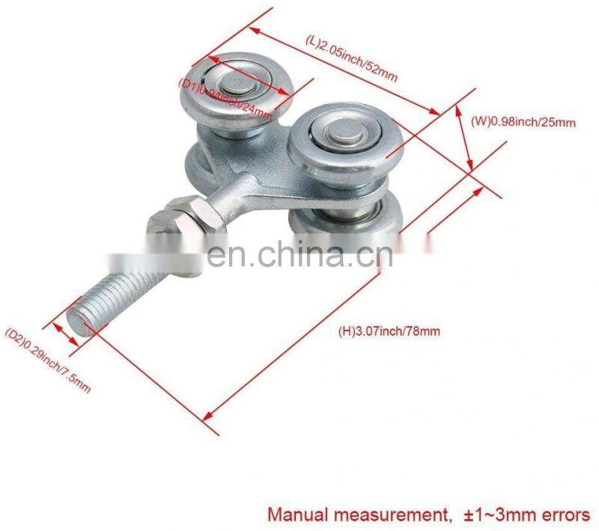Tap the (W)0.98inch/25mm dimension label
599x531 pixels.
pyautogui.click(x=523, y=120)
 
